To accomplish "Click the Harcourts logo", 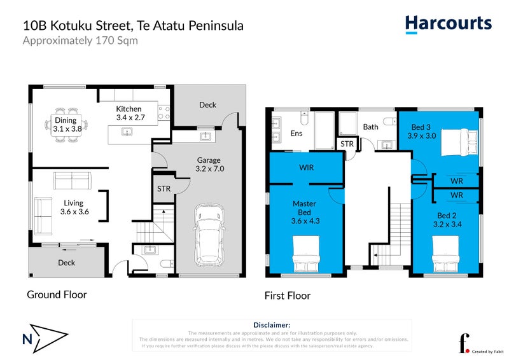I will [x=448, y=24].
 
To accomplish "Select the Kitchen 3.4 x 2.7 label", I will [x=130, y=113].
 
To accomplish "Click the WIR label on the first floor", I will [x=307, y=168].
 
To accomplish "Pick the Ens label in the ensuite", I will [x=296, y=134].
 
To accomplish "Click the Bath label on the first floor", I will [x=370, y=127].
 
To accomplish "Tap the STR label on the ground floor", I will [x=164, y=189].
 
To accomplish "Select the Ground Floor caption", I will [x=56, y=294].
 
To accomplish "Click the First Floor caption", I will [x=288, y=296].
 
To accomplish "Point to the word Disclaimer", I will [x=272, y=324].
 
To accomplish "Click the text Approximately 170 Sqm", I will [x=80, y=41].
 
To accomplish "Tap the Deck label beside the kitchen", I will [x=207, y=105].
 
